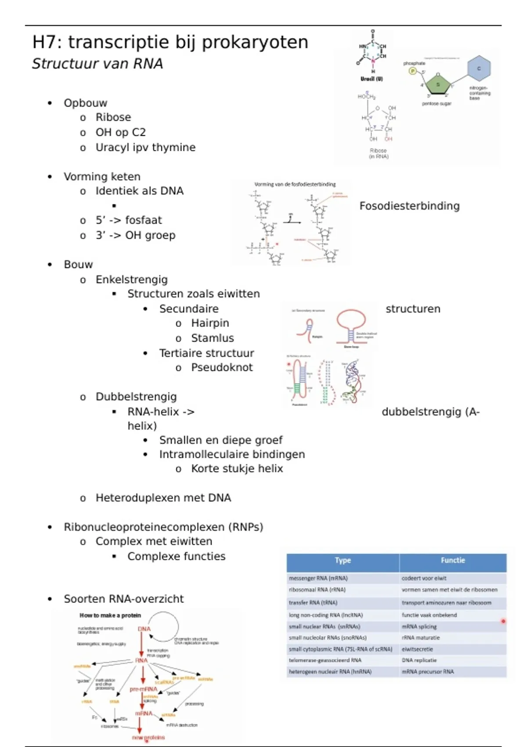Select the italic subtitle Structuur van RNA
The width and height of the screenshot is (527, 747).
tap(97, 64)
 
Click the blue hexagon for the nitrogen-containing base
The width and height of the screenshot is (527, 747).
tap(479, 69)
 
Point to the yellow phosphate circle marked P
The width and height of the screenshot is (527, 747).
tap(412, 71)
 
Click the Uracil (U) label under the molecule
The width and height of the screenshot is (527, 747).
tap(372, 79)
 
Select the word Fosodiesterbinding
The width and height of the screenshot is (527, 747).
tap(409, 206)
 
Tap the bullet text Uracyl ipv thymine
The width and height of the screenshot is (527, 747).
tap(145, 148)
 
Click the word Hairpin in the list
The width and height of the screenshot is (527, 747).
tap(210, 323)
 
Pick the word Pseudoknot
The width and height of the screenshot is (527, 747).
tap(222, 368)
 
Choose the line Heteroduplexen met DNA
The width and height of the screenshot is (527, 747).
tap(163, 498)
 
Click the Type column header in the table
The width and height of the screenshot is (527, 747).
tap(343, 560)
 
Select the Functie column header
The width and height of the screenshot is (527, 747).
tap(453, 560)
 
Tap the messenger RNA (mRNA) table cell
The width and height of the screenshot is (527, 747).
tap(318, 579)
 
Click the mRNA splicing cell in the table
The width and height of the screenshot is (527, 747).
tap(419, 627)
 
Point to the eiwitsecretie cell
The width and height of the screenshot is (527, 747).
tap(417, 649)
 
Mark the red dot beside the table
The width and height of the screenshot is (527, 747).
tap(503, 621)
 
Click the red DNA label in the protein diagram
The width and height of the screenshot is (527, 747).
tap(144, 629)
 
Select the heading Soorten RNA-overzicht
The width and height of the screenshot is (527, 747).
tap(123, 599)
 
